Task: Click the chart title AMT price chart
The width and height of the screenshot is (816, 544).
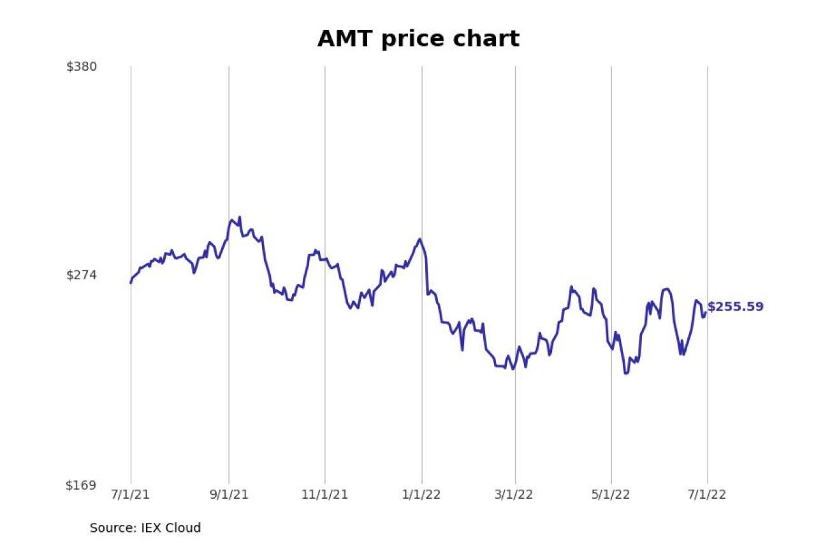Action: click(x=418, y=39)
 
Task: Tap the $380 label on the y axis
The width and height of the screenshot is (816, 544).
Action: click(x=82, y=66)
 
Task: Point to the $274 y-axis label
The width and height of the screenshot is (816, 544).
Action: click(x=82, y=275)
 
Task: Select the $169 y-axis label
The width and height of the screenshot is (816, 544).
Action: click(x=82, y=485)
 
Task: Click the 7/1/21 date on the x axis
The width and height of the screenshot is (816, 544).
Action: click(x=131, y=495)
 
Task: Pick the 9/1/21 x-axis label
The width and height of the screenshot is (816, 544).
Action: click(x=229, y=495)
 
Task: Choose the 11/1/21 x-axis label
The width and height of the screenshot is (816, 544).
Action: click(x=325, y=495)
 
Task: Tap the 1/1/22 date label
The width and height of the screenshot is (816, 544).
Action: click(x=421, y=495)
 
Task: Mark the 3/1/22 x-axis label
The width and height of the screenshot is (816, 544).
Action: click(x=515, y=495)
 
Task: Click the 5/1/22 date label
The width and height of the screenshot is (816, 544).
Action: click(x=611, y=495)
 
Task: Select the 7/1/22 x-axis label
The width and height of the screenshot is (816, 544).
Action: click(x=707, y=495)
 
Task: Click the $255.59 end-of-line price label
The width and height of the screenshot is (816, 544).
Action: click(x=735, y=307)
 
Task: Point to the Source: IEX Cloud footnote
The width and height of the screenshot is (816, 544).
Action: click(x=145, y=528)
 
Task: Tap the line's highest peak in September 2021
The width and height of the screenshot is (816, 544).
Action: click(x=240, y=217)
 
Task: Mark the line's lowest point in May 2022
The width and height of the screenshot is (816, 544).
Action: click(x=625, y=373)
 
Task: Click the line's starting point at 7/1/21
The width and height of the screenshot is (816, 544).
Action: click(x=131, y=283)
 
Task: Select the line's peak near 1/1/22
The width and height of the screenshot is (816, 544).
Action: click(x=419, y=239)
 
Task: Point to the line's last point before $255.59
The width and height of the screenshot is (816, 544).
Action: click(x=705, y=313)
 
